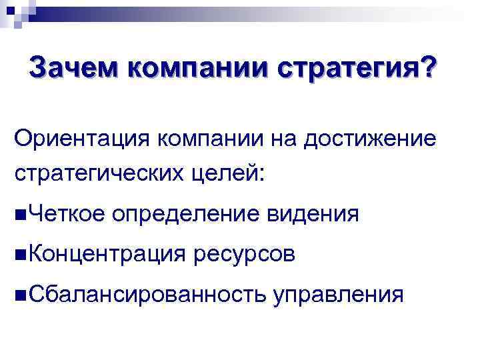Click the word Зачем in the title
click(x=74, y=67)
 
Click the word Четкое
click(x=67, y=214)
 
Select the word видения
click(x=313, y=214)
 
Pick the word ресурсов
click(x=243, y=254)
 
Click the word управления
click(x=337, y=294)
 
